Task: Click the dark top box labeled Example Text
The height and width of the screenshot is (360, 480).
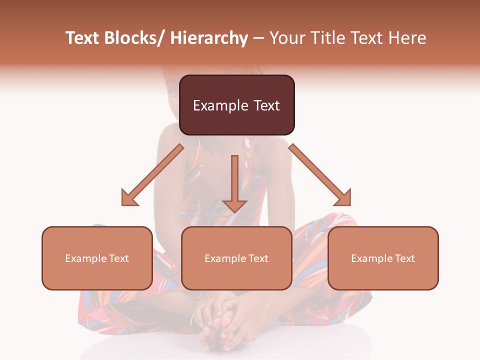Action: [236, 105]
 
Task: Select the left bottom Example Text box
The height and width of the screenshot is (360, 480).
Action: [97, 258]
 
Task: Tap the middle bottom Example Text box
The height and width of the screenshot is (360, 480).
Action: [236, 258]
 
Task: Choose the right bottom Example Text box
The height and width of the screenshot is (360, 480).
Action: [383, 258]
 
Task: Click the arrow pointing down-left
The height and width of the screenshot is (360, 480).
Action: [152, 175]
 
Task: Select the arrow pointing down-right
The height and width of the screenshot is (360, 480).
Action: [320, 175]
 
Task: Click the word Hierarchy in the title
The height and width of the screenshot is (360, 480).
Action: [209, 38]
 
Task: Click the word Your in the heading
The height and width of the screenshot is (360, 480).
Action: [286, 38]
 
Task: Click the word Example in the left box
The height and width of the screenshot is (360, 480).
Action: [85, 258]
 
